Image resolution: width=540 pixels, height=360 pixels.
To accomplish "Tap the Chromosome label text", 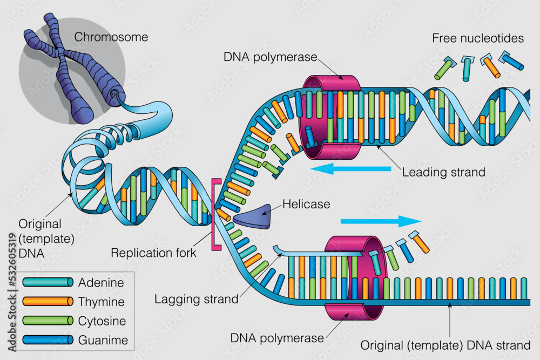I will pos(111,37).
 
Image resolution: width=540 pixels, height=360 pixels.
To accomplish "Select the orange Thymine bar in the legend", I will pos(48,301).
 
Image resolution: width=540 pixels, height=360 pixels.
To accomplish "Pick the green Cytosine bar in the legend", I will pos(48,321).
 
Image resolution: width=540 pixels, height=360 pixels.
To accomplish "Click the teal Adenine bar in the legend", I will pos(48,282).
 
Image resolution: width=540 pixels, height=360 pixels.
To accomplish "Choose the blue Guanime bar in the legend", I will pos(48,340).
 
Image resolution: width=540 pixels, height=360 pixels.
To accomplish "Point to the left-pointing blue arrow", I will pos(351,169).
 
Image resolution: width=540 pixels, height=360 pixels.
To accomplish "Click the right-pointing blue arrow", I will pos(381,221).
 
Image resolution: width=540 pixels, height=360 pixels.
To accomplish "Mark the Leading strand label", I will pos(444,173).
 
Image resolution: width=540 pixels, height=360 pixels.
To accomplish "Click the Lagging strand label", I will pos(196,298).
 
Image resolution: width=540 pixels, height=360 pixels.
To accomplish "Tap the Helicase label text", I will pos(306,205).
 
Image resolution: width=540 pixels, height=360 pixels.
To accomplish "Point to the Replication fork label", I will pos(154,252).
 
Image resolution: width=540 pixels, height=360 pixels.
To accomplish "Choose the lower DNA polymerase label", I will pos(277,338).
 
